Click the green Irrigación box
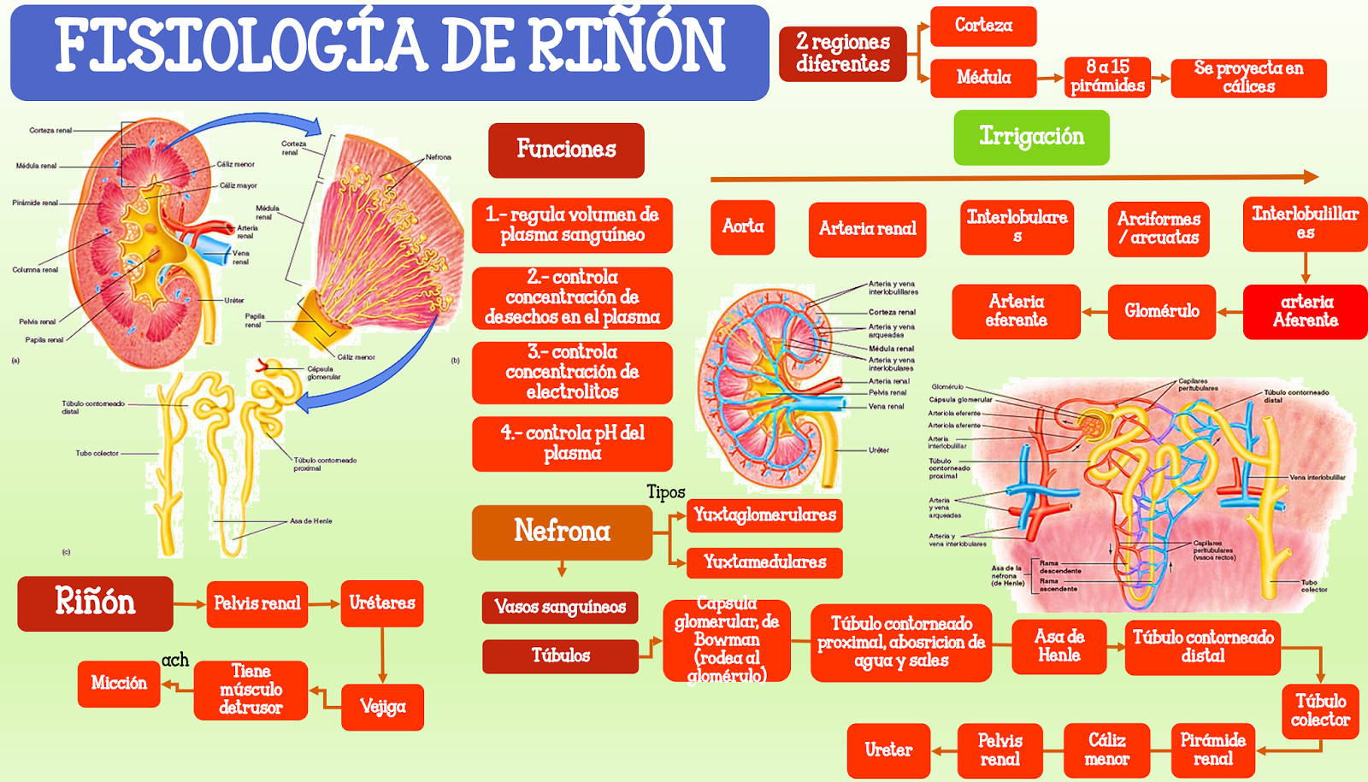click(1031, 138)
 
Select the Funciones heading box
click(566, 150)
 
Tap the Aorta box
click(742, 227)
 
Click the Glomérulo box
click(1161, 312)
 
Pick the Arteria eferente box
click(1016, 312)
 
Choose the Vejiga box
click(382, 707)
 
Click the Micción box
click(119, 684)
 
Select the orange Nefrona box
click(562, 532)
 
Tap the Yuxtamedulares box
click(764, 562)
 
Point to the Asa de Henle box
click(1058, 647)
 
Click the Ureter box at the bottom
click(888, 750)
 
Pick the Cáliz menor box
click(1106, 750)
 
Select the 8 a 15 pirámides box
click(1107, 77)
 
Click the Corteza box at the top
click(983, 26)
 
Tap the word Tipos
click(665, 492)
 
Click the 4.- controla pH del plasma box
click(572, 444)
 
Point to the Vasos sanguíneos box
click(560, 608)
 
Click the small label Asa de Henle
click(310, 520)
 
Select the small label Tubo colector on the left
click(97, 453)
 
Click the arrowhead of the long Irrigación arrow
click(1312, 177)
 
